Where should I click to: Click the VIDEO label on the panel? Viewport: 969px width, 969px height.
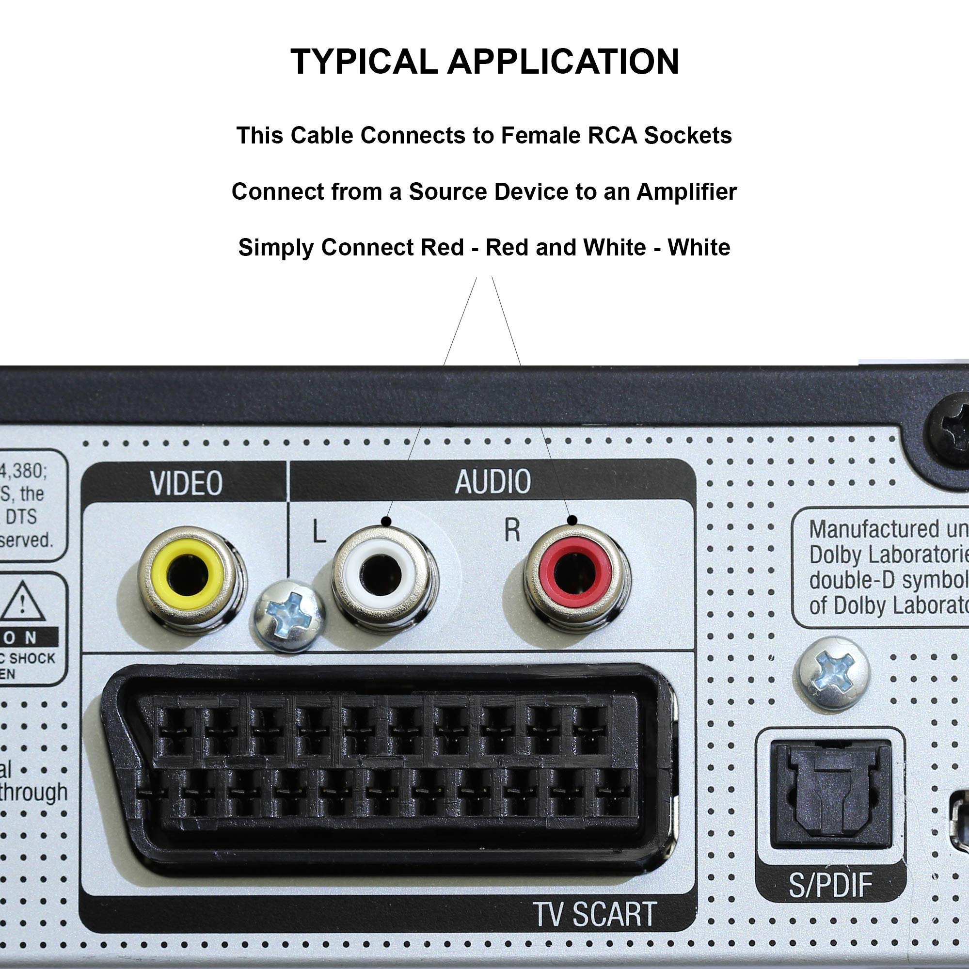click(187, 483)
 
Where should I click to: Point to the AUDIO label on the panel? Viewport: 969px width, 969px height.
click(492, 481)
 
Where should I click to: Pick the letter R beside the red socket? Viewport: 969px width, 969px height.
click(511, 530)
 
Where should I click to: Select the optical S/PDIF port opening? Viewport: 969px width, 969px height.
click(830, 791)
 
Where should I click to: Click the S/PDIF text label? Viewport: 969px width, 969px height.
click(830, 885)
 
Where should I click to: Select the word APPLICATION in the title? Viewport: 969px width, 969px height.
click(563, 62)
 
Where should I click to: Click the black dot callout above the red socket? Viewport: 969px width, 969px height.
click(572, 520)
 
